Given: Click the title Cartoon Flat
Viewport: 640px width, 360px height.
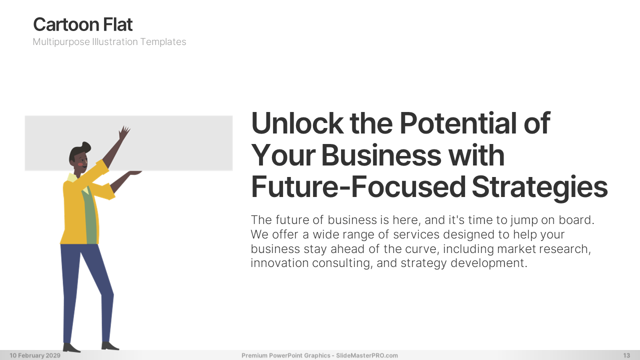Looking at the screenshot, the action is (x=83, y=24).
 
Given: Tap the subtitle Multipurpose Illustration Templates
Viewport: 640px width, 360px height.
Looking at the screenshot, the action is (x=109, y=41).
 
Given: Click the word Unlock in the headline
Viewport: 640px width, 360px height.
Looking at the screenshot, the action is (x=297, y=123).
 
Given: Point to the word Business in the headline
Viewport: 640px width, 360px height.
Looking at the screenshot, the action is (x=381, y=155).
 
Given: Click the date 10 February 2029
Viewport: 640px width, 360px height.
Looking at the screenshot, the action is (x=35, y=355).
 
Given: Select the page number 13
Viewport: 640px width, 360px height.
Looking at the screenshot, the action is (x=626, y=355).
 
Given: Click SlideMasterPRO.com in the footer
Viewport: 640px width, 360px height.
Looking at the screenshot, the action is (x=367, y=355).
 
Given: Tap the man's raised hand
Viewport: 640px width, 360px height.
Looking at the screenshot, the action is (x=124, y=132).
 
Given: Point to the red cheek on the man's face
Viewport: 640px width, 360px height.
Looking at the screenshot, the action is (x=81, y=164).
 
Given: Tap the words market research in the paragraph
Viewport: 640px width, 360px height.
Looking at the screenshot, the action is (x=544, y=249).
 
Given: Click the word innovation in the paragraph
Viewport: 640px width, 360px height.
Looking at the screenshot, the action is (x=279, y=263).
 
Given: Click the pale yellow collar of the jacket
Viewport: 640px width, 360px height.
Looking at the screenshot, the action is (x=72, y=177).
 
